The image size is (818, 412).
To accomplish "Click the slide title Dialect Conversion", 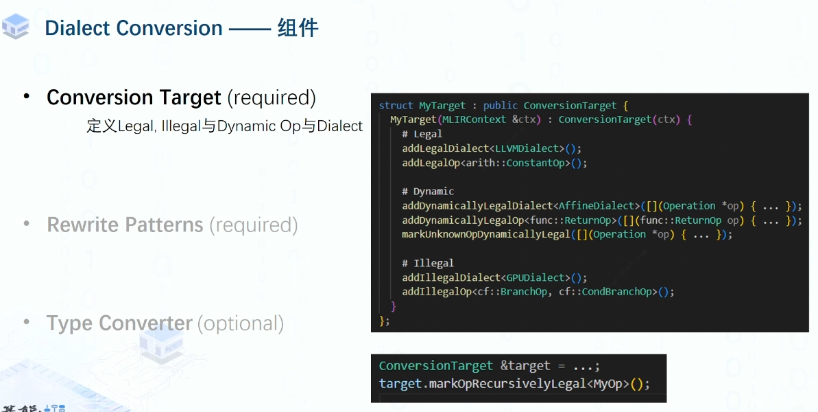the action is (x=134, y=28).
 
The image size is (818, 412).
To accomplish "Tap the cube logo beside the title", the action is (x=16, y=26).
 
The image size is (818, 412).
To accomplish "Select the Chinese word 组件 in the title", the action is (x=298, y=28).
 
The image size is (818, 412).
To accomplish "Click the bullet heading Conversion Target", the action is (x=134, y=98).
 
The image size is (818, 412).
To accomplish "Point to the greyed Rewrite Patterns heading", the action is (x=125, y=225).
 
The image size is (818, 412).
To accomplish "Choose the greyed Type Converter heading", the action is (x=119, y=323).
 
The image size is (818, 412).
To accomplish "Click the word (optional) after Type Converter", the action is (x=241, y=323).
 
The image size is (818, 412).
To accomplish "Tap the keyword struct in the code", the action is (x=396, y=105).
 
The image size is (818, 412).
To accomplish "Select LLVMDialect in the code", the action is (x=527, y=148).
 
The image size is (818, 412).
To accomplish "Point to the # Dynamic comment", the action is (x=428, y=191).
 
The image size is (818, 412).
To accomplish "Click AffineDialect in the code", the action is (x=597, y=205).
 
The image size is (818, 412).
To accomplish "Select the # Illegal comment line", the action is (x=428, y=263).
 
